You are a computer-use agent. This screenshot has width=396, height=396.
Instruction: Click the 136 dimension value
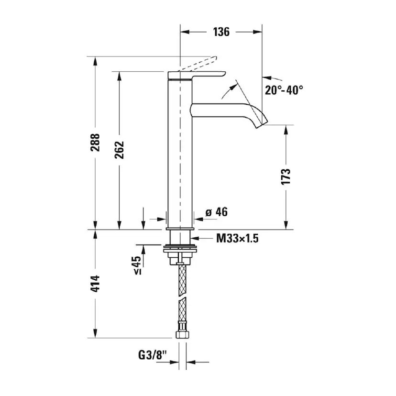[x=221, y=32]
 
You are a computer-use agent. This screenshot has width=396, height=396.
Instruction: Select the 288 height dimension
[x=95, y=143]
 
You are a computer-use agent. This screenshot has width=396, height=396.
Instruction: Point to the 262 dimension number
[x=120, y=150]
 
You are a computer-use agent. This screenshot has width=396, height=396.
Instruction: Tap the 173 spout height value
[x=286, y=176]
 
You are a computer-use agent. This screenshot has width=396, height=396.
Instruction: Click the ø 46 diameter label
[x=217, y=212]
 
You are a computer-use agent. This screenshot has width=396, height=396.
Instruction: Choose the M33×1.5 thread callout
[x=237, y=238]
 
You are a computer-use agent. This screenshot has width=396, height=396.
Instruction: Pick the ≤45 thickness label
[x=137, y=265]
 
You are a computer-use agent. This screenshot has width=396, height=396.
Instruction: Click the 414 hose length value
[x=95, y=284]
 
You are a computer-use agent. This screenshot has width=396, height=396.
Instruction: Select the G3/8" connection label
[x=153, y=355]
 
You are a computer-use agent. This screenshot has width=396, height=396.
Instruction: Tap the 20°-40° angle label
[x=284, y=90]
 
